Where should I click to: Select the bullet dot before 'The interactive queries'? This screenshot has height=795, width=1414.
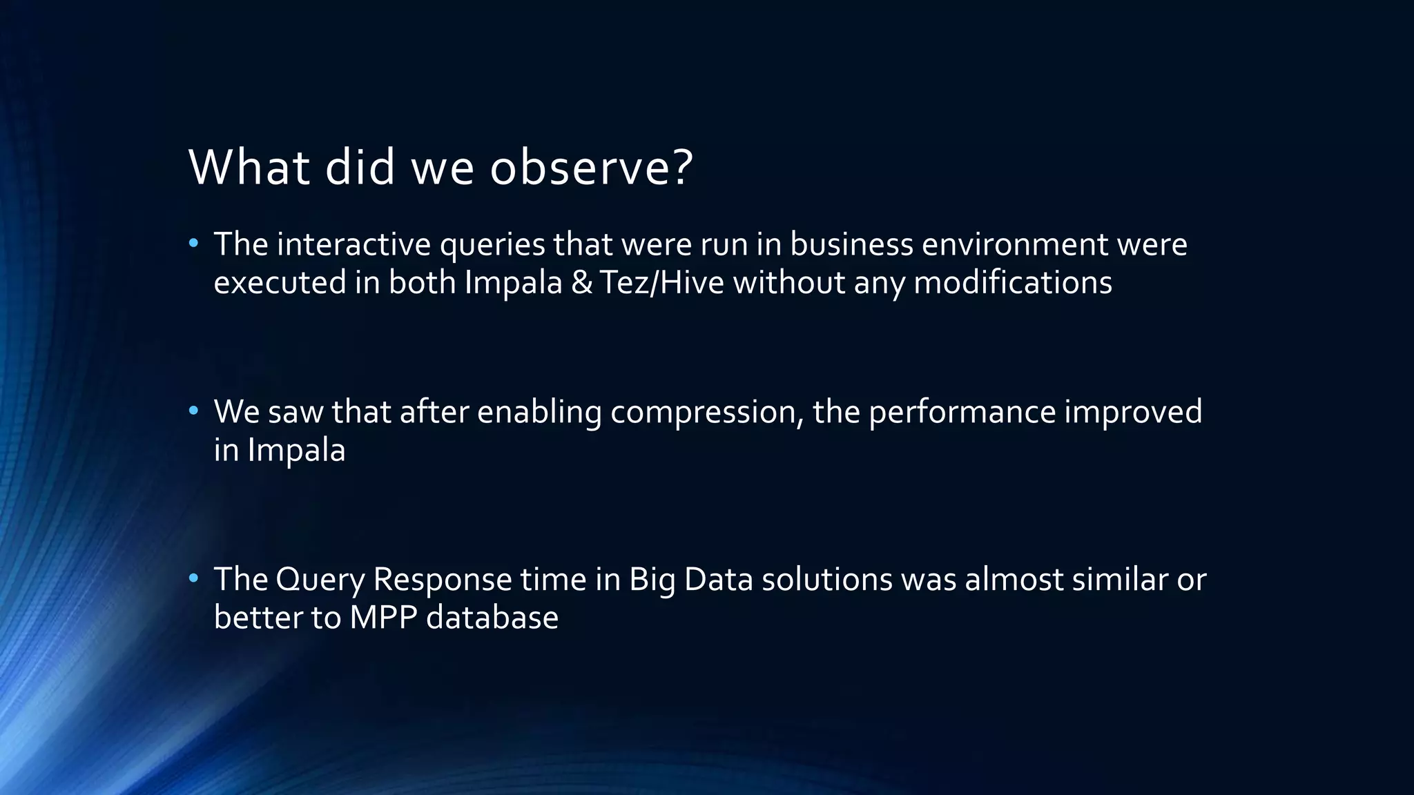tap(193, 244)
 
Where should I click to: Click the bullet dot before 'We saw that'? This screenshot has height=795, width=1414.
tap(193, 411)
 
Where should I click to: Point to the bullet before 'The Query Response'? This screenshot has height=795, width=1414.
tap(193, 578)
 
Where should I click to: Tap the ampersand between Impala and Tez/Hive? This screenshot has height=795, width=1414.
tap(582, 283)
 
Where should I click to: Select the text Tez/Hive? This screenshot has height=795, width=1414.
tap(661, 283)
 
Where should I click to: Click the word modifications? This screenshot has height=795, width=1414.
tap(1012, 283)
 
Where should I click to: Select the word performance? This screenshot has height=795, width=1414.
tap(962, 413)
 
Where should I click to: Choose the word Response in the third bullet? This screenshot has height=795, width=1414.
tap(442, 580)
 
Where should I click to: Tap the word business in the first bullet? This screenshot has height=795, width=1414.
tap(851, 244)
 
